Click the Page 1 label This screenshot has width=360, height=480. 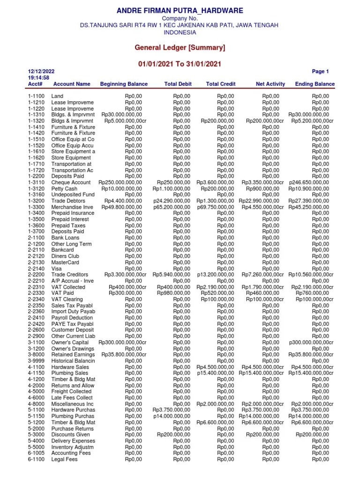click(320, 72)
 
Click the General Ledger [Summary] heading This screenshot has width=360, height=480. click(180, 47)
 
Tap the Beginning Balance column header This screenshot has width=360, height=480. click(124, 84)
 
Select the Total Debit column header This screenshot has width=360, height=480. click(178, 84)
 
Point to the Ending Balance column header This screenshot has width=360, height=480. click(315, 84)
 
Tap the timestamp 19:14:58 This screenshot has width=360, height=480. click(38, 78)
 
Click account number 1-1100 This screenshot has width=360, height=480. click(36, 96)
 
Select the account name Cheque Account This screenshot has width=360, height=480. click(71, 182)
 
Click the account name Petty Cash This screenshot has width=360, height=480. click(64, 188)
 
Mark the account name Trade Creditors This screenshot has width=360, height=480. click(70, 275)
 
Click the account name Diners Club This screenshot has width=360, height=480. click(65, 256)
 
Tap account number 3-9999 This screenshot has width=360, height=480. click(36, 361)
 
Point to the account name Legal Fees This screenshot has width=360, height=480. click(65, 459)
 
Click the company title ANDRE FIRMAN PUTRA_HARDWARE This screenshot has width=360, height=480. click(180, 11)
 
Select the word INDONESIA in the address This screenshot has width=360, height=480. click(180, 32)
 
